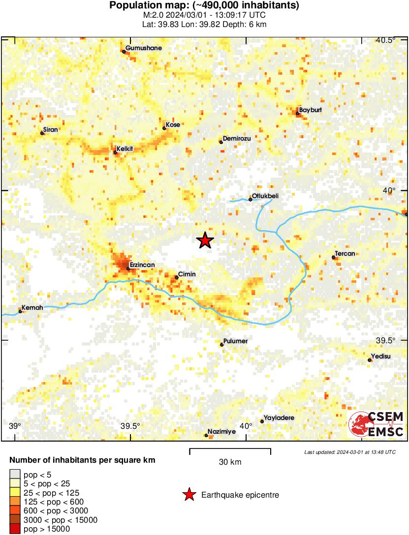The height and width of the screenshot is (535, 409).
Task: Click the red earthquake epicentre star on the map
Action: (205, 240)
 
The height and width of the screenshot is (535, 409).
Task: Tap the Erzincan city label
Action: (142, 265)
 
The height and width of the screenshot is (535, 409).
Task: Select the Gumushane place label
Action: (144, 48)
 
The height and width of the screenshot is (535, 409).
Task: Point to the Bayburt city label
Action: (311, 110)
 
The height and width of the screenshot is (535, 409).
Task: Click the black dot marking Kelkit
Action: (115, 152)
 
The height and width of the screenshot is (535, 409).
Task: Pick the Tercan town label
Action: (346, 254)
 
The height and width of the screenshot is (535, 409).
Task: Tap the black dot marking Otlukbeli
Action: (250, 199)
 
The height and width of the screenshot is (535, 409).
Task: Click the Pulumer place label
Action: (236, 341)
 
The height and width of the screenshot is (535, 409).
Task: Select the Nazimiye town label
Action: (222, 432)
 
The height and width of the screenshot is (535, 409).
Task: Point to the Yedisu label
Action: (381, 357)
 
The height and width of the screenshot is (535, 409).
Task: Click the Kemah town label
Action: (33, 308)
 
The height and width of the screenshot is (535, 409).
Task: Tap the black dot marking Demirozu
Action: (221, 142)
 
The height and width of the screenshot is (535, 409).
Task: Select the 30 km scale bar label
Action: (230, 462)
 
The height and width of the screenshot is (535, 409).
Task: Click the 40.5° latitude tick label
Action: (385, 40)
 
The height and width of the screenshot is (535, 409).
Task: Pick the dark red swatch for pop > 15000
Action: (15, 529)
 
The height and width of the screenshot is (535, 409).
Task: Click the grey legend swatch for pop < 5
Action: (15, 475)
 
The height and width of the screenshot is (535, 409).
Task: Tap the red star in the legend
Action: (189, 495)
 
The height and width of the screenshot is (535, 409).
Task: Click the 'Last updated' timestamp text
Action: (349, 452)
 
